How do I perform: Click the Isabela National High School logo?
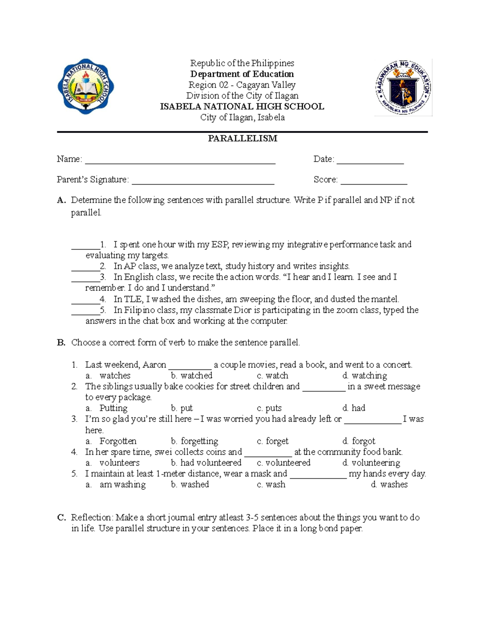point(86,86)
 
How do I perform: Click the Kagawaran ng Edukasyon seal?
point(403,87)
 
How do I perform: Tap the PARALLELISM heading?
point(242,138)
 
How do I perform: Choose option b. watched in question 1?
point(192,375)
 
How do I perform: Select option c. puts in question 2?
point(269,408)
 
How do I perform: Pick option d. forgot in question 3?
point(358,441)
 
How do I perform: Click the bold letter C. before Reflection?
point(61,518)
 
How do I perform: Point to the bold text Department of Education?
point(242,74)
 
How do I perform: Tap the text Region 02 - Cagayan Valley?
point(242,85)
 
